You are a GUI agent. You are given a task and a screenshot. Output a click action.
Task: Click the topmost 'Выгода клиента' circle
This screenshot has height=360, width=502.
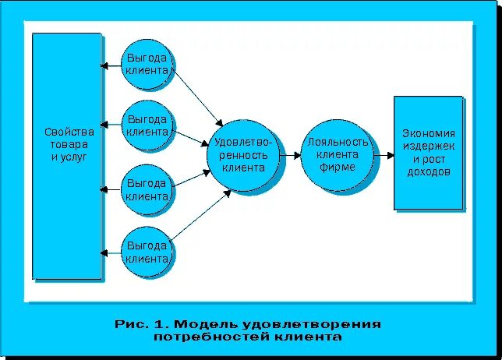[148, 63]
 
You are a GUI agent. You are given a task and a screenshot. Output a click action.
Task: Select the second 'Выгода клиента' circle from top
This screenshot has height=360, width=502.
[148, 125]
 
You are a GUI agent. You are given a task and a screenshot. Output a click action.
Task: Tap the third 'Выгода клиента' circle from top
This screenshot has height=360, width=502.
[148, 190]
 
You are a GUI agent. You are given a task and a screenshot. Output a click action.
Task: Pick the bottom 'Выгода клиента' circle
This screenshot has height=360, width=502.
[148, 252]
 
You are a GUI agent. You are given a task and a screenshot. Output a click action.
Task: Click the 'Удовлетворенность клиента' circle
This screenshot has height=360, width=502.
[242, 155]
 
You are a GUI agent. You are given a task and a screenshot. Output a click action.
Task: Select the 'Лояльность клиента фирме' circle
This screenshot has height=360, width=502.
[337, 154]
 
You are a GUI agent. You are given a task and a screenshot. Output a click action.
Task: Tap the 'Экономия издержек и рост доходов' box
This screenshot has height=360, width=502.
[428, 153]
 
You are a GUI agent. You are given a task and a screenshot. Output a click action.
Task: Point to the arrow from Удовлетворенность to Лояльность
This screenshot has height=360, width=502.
[289, 155]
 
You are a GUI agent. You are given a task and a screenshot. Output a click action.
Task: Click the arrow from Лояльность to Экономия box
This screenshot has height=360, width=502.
[383, 155]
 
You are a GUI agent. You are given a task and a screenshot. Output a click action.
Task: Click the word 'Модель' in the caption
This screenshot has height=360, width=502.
[205, 323]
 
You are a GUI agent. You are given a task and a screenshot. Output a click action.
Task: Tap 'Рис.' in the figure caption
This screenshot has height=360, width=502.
[130, 323]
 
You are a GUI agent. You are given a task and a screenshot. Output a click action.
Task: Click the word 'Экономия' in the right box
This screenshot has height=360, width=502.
[428, 132]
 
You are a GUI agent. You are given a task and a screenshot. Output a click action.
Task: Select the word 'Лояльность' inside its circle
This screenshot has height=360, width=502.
[338, 142]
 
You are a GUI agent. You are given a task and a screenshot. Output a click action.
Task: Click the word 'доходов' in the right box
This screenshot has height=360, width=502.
[428, 171]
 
